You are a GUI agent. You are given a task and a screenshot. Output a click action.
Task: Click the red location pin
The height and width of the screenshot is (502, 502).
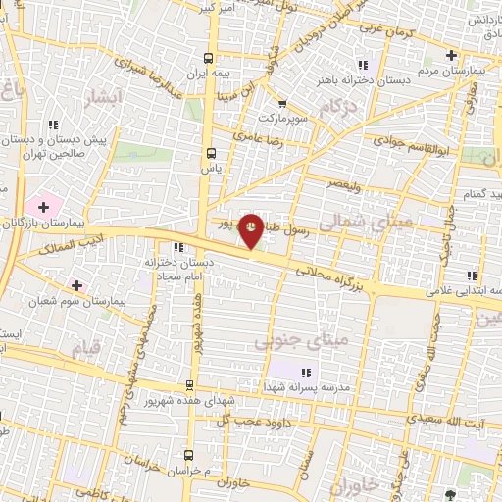point(251,229)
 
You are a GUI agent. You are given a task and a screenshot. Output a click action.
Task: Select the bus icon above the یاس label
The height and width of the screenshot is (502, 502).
point(210,152)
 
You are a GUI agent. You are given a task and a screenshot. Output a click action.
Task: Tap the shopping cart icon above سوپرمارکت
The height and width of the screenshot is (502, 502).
point(282,104)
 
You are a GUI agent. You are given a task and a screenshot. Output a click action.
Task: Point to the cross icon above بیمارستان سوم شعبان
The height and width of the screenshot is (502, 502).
point(77,285)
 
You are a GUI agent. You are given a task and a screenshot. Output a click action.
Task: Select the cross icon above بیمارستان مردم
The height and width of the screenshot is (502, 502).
point(450,56)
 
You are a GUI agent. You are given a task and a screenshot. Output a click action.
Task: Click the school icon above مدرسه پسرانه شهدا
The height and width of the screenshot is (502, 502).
point(307,373)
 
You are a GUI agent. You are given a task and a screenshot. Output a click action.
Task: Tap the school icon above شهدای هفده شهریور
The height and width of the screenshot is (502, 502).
point(192,384)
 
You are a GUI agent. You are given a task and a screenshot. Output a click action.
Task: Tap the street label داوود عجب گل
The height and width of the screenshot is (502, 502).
point(231,421)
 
